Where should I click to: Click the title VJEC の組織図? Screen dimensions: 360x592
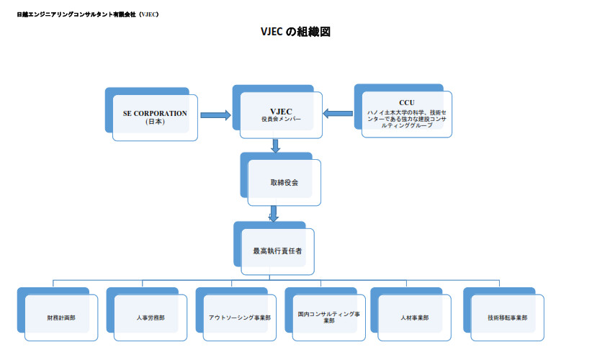click(x=295, y=32)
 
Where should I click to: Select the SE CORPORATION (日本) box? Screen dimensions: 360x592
click(x=155, y=117)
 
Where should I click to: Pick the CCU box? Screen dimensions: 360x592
click(x=407, y=113)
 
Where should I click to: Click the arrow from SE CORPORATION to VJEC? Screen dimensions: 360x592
click(x=215, y=114)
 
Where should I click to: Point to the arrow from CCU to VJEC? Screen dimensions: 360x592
click(x=336, y=113)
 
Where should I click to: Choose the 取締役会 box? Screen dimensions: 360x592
click(x=284, y=182)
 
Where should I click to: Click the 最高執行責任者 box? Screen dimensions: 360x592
click(x=278, y=251)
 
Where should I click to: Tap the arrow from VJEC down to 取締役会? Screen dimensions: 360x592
click(x=276, y=145)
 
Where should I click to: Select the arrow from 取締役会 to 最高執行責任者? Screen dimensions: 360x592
click(x=274, y=214)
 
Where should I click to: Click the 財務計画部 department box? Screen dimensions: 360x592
click(x=61, y=318)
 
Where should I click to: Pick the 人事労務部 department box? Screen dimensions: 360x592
click(x=151, y=318)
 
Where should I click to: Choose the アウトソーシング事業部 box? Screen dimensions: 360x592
click(x=239, y=318)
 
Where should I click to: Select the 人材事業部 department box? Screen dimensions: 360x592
click(x=414, y=318)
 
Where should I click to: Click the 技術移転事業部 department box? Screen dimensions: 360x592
click(x=507, y=318)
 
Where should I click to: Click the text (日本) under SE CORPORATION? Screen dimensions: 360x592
click(x=155, y=122)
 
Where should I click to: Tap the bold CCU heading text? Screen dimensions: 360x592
click(x=407, y=103)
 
